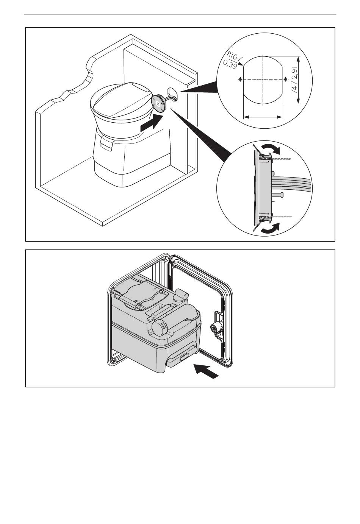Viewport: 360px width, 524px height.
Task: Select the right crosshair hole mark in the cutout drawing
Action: [285, 80]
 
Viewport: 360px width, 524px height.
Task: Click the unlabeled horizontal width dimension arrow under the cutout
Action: [263, 117]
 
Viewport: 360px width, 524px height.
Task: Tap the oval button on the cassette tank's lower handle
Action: [186, 356]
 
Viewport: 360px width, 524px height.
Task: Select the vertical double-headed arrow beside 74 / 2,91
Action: [299, 80]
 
